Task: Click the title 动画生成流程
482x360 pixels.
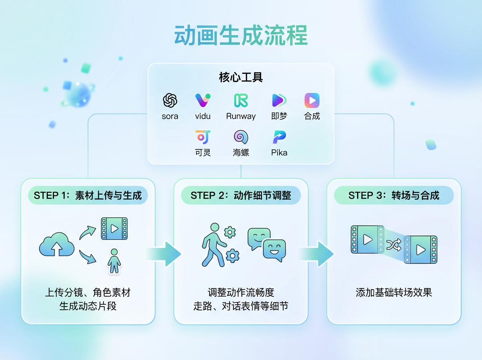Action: click(x=241, y=35)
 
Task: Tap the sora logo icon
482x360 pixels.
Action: click(x=170, y=100)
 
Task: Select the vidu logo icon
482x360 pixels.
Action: click(x=203, y=100)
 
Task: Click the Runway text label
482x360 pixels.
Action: click(x=241, y=117)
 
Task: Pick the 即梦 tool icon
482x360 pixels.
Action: click(x=279, y=100)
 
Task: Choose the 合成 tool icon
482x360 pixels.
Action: click(x=312, y=100)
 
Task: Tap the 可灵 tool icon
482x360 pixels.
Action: click(x=203, y=137)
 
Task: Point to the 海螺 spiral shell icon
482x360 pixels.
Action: click(x=241, y=137)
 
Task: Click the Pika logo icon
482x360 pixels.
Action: click(x=279, y=137)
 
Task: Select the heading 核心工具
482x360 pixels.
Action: click(x=241, y=77)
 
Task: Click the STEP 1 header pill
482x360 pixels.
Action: click(x=88, y=196)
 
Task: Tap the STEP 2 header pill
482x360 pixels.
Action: click(x=241, y=196)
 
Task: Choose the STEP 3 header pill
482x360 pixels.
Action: click(x=394, y=196)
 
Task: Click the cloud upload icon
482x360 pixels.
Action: click(x=57, y=244)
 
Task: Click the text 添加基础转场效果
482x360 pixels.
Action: click(x=394, y=292)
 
